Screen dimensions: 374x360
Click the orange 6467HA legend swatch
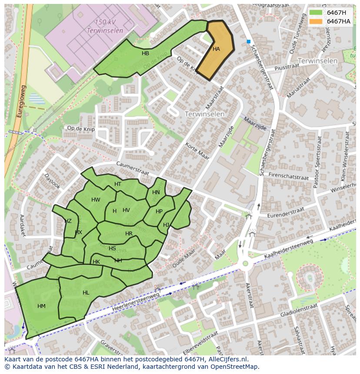pyautogui.click(x=316, y=21)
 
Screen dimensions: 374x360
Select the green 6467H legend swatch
pyautogui.click(x=316, y=13)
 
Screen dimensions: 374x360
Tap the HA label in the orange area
pyautogui.click(x=216, y=49)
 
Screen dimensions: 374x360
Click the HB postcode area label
pyautogui.click(x=145, y=53)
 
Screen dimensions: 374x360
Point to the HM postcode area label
pyautogui.click(x=41, y=306)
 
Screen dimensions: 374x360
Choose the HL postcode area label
pyautogui.click(x=86, y=293)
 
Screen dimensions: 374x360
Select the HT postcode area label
pyautogui.click(x=118, y=184)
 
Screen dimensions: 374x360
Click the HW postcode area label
pyautogui.click(x=96, y=200)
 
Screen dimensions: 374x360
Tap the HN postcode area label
pyautogui.click(x=156, y=192)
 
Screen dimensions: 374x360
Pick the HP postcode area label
pyautogui.click(x=159, y=212)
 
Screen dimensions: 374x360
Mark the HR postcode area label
pyautogui.click(x=129, y=234)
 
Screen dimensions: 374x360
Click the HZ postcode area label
pyautogui.click(x=68, y=221)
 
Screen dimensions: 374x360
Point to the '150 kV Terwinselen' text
pyautogui.click(x=104, y=26)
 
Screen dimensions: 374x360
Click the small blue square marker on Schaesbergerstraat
pyautogui.click(x=248, y=42)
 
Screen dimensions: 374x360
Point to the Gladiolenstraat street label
pyautogui.click(x=299, y=311)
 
